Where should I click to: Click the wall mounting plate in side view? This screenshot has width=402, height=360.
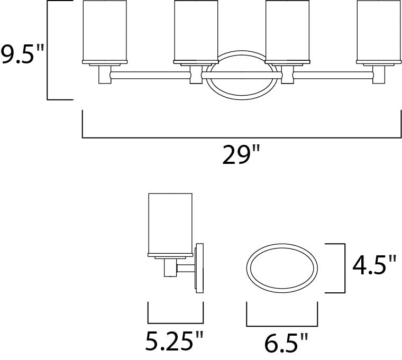click(x=199, y=267)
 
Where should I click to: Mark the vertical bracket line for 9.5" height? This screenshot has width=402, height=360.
click(x=48, y=50)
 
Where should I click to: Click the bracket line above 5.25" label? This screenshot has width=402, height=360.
click(x=175, y=322)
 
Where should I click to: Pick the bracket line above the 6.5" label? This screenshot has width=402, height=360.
click(x=282, y=324)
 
